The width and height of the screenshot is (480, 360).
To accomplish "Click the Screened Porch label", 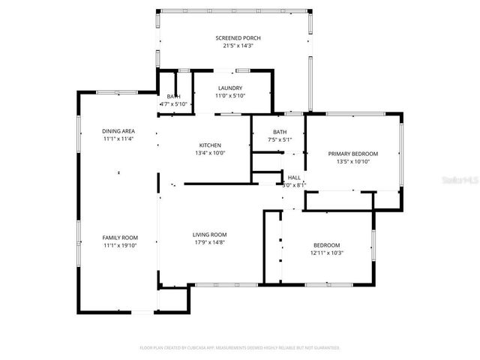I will [238, 37].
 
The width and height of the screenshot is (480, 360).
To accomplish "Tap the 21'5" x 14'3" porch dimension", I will [238, 46].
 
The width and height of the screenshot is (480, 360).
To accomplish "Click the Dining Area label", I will [118, 131].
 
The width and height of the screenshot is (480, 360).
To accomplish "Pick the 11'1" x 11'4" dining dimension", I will [118, 139].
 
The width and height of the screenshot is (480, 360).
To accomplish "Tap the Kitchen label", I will [210, 145].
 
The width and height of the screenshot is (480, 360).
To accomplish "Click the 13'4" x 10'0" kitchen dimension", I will [210, 153].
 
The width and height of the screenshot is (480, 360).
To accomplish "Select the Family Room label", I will [120, 238].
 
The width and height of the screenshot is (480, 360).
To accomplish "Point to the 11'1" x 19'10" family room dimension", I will [120, 245].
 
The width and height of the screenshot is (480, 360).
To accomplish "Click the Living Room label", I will [210, 234].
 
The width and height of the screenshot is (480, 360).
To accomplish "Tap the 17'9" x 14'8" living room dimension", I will [210, 242].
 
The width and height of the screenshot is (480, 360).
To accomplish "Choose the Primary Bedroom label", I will [353, 153].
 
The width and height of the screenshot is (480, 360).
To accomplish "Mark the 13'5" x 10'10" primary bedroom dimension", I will [353, 161].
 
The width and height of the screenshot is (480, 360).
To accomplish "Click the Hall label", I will [295, 178].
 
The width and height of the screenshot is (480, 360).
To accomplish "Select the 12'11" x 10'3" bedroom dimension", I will [327, 253].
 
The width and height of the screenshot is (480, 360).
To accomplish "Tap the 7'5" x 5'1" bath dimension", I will [280, 139].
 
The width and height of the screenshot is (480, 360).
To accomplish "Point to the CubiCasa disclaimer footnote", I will [240, 348].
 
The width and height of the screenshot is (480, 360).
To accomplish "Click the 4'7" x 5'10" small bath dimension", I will [173, 104].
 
